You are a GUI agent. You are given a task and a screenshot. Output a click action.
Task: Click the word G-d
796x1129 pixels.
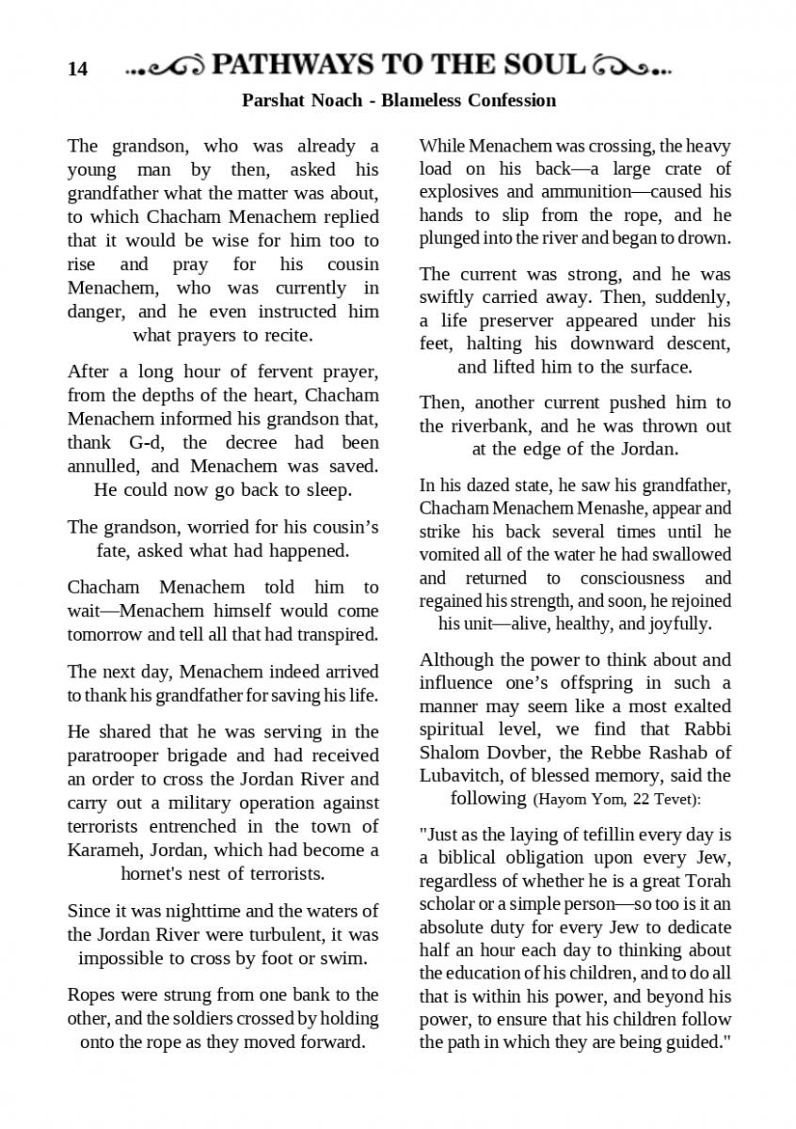[x=145, y=442]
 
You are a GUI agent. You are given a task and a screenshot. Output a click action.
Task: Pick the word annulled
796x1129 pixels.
[x=103, y=466]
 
